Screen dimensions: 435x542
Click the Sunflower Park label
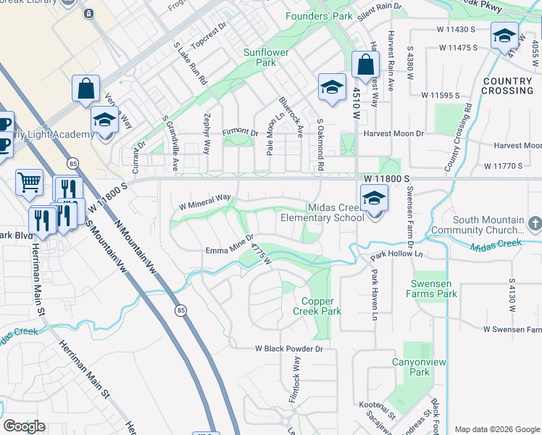click(x=266, y=57)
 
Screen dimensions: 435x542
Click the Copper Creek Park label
click(x=317, y=305)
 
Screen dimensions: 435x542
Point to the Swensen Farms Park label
click(x=434, y=289)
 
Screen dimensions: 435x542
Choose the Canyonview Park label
click(x=410, y=367)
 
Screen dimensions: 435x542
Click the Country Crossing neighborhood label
click(x=507, y=86)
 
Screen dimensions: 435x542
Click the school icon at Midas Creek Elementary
click(x=373, y=196)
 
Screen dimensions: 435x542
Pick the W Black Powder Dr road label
click(x=288, y=349)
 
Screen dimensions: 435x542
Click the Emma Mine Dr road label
click(x=229, y=244)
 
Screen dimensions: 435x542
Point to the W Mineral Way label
click(x=205, y=201)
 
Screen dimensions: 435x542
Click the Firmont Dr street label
click(x=240, y=133)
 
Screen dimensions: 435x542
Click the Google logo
click(x=24, y=426)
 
